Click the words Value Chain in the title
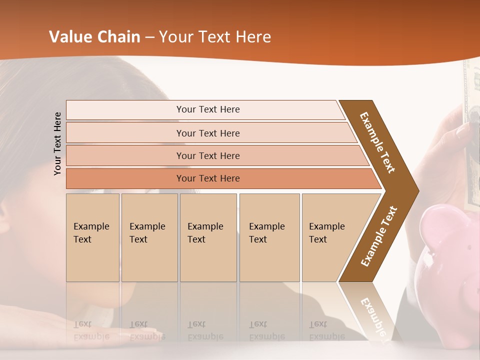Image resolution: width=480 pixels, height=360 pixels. pos(94,37)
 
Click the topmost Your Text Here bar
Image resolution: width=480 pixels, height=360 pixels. pos(207,109)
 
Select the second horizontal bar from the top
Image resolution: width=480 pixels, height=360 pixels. pos(207,133)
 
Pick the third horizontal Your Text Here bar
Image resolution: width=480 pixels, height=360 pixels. pos(207,155)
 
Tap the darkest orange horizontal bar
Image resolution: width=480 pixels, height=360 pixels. pos(207,178)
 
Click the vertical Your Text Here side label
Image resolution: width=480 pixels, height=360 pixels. pos(57,143)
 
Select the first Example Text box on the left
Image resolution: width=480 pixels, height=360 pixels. pos(92,237)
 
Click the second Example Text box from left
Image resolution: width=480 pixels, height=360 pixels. pos(149,237)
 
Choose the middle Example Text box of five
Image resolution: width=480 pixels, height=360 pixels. pos(208,237)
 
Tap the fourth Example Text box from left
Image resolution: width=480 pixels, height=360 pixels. pos(269,237)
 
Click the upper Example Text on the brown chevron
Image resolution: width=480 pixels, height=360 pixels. pos(377,142)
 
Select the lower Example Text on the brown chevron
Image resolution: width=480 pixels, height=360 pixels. pos(379,236)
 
